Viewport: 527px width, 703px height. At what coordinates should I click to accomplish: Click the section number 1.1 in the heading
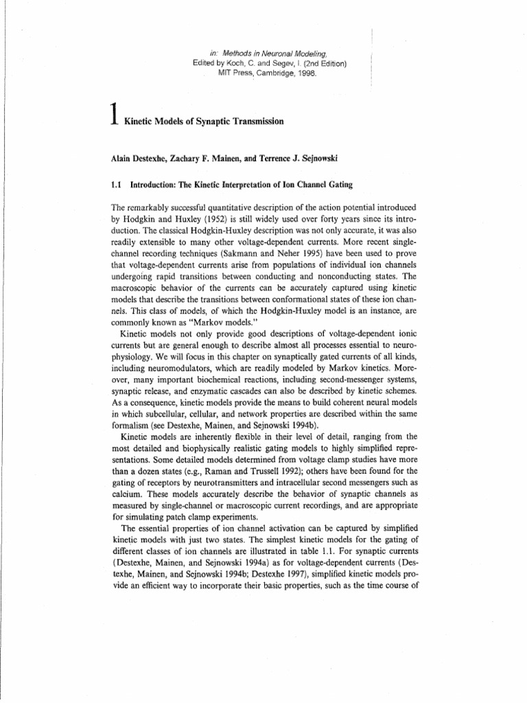pos(117,193)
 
